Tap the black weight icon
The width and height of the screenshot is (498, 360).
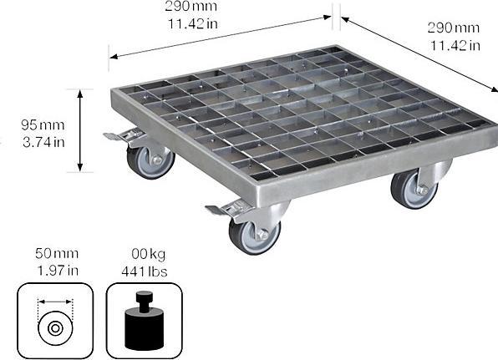(x=143, y=322)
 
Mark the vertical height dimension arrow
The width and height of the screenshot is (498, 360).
(x=81, y=130)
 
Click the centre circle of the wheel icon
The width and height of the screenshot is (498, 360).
(x=54, y=327)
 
